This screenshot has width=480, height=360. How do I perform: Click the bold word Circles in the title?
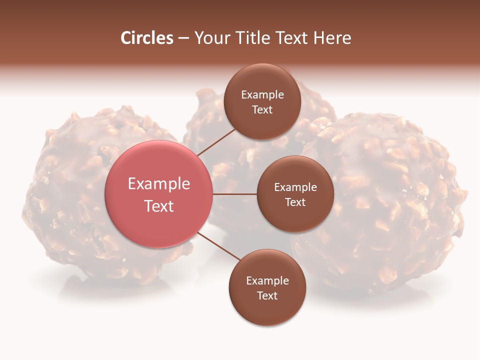(x=147, y=38)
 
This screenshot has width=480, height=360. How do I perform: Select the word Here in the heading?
(x=332, y=38)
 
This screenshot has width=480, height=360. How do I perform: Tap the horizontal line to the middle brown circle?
(x=235, y=194)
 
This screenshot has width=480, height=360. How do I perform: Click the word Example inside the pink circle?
(x=159, y=184)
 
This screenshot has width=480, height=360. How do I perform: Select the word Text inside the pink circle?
(x=159, y=206)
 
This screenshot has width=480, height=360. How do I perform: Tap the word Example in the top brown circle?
(x=262, y=94)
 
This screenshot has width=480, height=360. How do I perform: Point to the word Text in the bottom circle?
(x=267, y=295)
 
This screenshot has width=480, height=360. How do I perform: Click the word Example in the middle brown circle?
(x=295, y=187)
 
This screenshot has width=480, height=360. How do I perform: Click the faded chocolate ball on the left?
(x=65, y=200)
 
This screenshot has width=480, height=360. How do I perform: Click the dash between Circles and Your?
(x=183, y=38)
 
